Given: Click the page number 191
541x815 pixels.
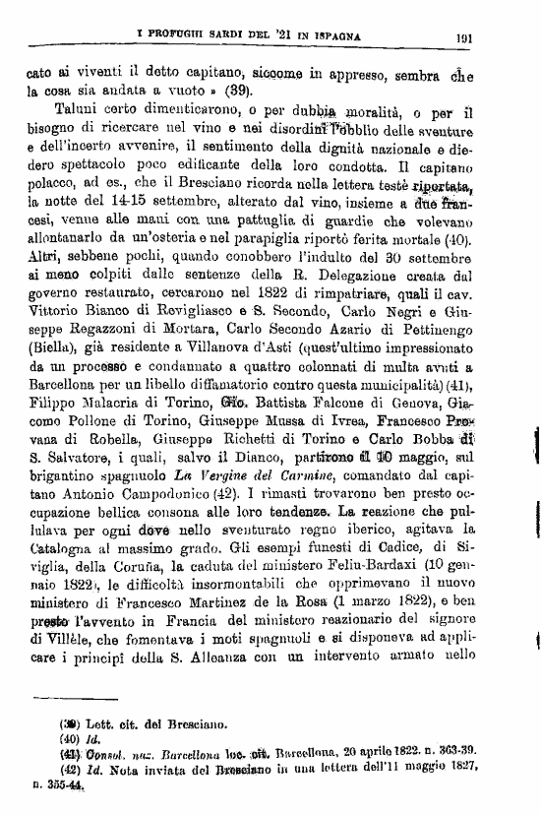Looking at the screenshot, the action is (466, 38).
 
